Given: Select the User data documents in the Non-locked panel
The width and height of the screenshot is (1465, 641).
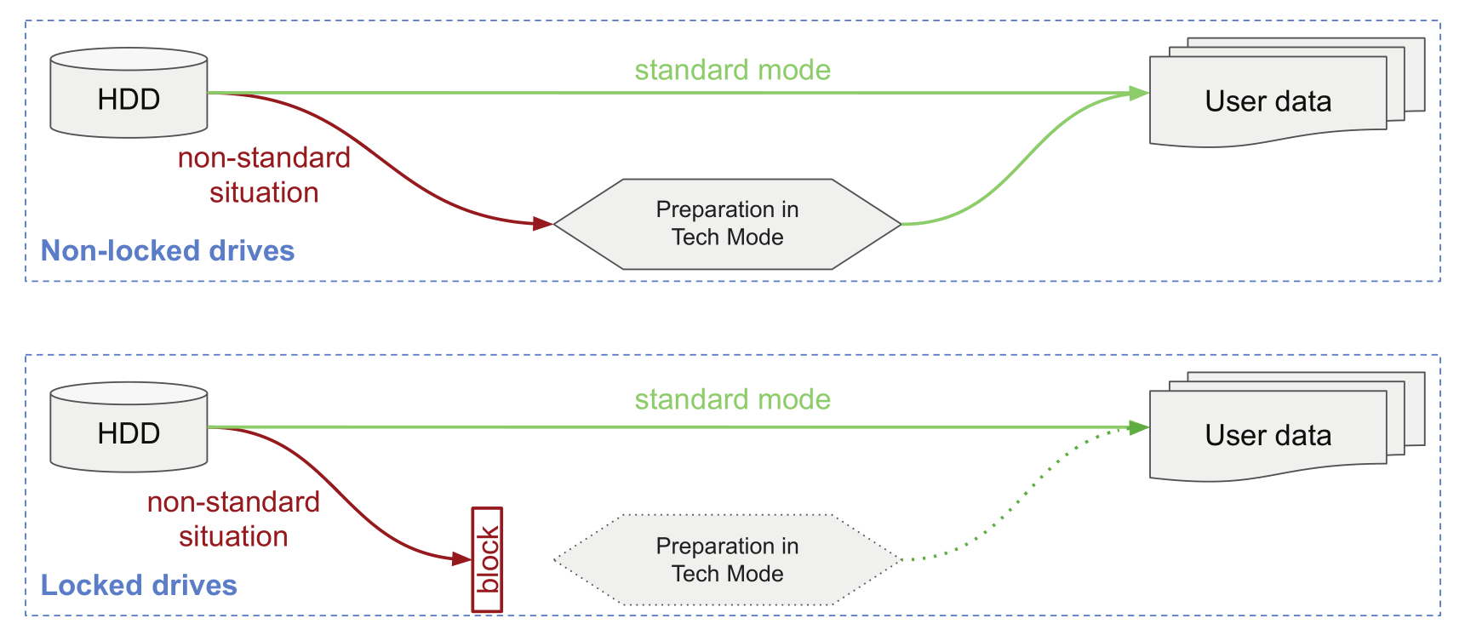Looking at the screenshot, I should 1268,101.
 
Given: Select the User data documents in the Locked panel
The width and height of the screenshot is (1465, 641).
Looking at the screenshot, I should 1268,435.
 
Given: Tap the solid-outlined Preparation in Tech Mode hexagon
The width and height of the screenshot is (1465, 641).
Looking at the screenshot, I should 727,224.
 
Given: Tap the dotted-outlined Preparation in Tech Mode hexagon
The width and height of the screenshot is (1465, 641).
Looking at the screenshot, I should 727,559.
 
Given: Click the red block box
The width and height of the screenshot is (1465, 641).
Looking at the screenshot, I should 488,559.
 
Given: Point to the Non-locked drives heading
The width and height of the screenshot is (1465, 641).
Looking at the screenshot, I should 168,250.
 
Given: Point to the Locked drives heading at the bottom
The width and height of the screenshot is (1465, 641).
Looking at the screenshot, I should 139,585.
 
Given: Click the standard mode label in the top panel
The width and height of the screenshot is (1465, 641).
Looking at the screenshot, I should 732,70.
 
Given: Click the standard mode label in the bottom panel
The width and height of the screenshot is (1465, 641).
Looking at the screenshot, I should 732,399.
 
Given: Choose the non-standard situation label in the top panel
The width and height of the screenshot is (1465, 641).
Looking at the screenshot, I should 264,175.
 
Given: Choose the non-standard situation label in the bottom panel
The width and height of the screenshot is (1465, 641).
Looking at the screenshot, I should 233,518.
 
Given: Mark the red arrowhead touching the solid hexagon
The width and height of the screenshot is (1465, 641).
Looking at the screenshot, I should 542,224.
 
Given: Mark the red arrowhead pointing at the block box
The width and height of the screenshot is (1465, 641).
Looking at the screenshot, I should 462,559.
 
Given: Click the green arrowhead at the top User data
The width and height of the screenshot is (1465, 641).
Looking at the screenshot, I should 1139,93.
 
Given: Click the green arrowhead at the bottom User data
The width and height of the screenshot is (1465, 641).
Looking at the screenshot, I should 1139,427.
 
